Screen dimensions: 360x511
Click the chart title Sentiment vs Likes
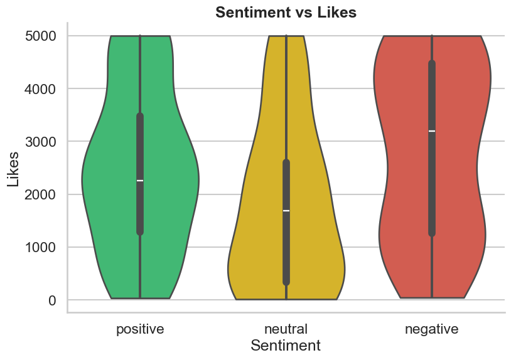click(x=286, y=13)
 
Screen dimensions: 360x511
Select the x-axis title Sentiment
click(x=286, y=346)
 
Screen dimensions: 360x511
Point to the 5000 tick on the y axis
click(x=41, y=36)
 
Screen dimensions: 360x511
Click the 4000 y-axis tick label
click(x=41, y=89)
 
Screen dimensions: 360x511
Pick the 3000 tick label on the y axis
click(x=41, y=142)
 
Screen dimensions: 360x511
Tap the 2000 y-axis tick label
click(x=41, y=194)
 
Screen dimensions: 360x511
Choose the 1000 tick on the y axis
click(x=41, y=247)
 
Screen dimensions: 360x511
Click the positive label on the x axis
click(x=140, y=329)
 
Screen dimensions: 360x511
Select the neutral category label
click(x=286, y=329)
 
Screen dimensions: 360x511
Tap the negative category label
click(x=432, y=329)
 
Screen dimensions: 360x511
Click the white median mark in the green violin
click(x=140, y=181)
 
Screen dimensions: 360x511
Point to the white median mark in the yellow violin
click(x=286, y=211)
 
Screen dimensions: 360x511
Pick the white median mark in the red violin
click(x=432, y=131)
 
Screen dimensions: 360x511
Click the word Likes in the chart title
click(x=338, y=13)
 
